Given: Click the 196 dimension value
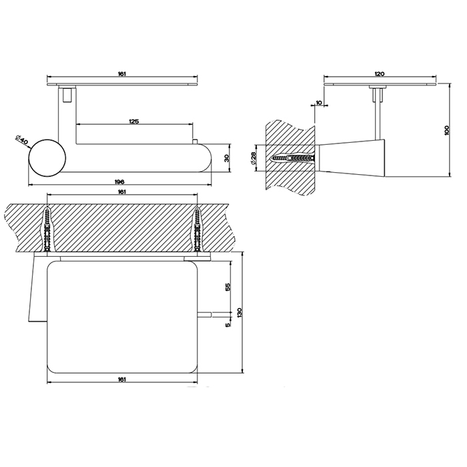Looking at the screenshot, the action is pyautogui.click(x=119, y=181).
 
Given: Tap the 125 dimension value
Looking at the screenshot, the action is pyautogui.click(x=134, y=121).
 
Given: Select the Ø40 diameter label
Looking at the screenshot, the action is pyautogui.click(x=21, y=140).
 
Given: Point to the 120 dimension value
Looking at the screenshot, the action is pyautogui.click(x=380, y=73).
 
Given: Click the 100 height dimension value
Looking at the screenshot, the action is pyautogui.click(x=446, y=131).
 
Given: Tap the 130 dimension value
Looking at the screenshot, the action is pyautogui.click(x=240, y=312).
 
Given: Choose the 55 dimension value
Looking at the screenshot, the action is pyautogui.click(x=228, y=287).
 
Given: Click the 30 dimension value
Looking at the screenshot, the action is pyautogui.click(x=226, y=158).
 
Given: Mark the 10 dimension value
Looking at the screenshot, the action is pyautogui.click(x=319, y=103).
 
